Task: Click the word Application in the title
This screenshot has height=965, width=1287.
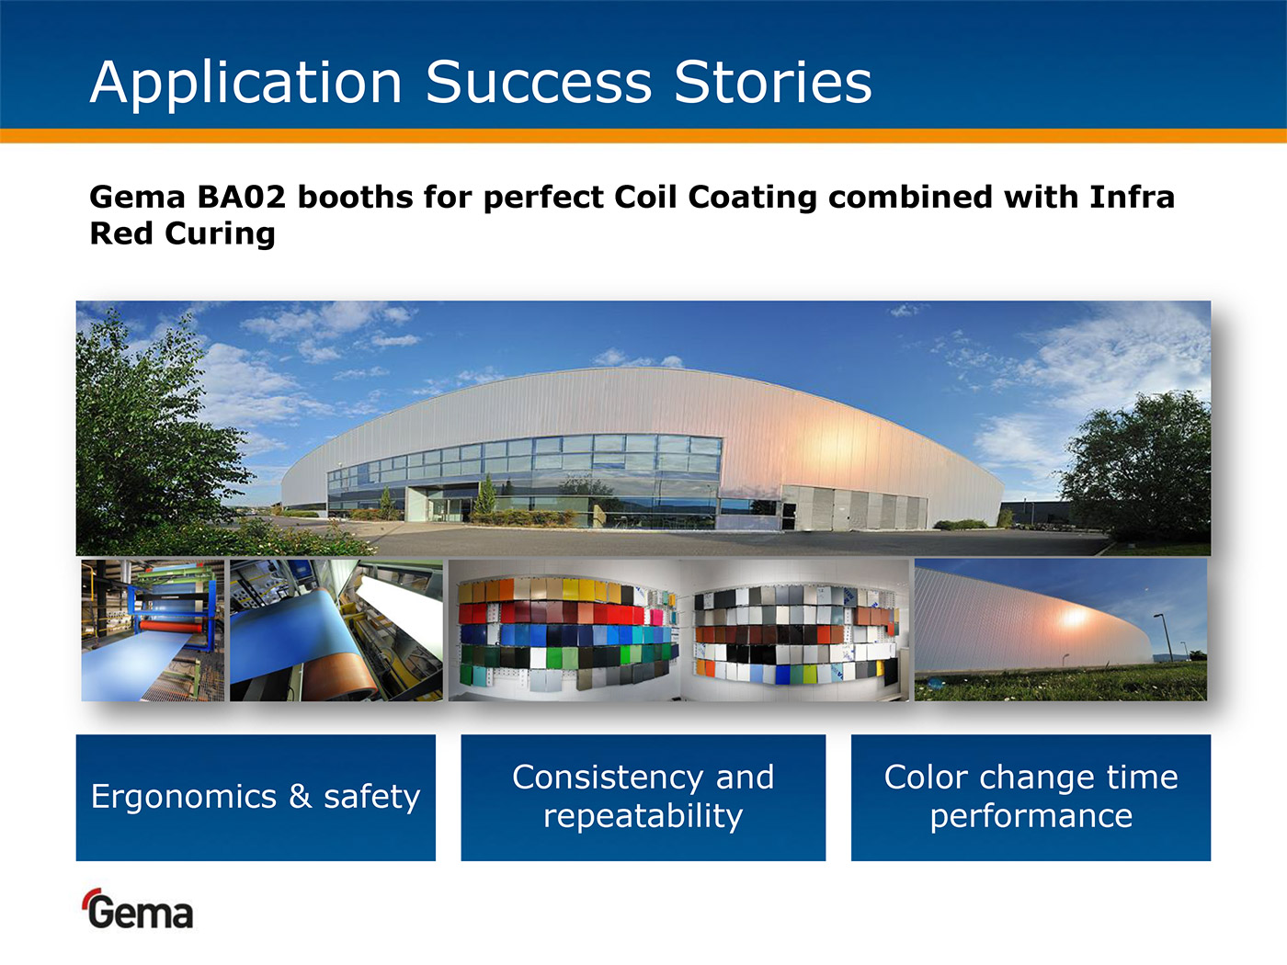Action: (x=245, y=84)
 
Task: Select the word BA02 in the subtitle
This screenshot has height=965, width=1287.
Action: (x=242, y=197)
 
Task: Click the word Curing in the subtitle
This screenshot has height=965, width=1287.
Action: (x=220, y=233)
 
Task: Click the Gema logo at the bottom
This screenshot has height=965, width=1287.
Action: (x=138, y=909)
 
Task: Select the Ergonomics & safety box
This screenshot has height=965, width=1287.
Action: (x=256, y=798)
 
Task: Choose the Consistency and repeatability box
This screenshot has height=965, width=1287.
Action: (x=643, y=798)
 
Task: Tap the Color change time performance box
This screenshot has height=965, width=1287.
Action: (x=1031, y=798)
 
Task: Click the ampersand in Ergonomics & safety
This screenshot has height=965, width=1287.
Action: (x=301, y=796)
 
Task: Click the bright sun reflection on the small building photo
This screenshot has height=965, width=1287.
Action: (x=1074, y=617)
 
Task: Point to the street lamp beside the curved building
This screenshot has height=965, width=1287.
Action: (x=1164, y=638)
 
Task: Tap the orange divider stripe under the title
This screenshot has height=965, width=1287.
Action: (x=643, y=135)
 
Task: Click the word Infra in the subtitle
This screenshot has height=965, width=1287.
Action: (x=1133, y=197)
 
